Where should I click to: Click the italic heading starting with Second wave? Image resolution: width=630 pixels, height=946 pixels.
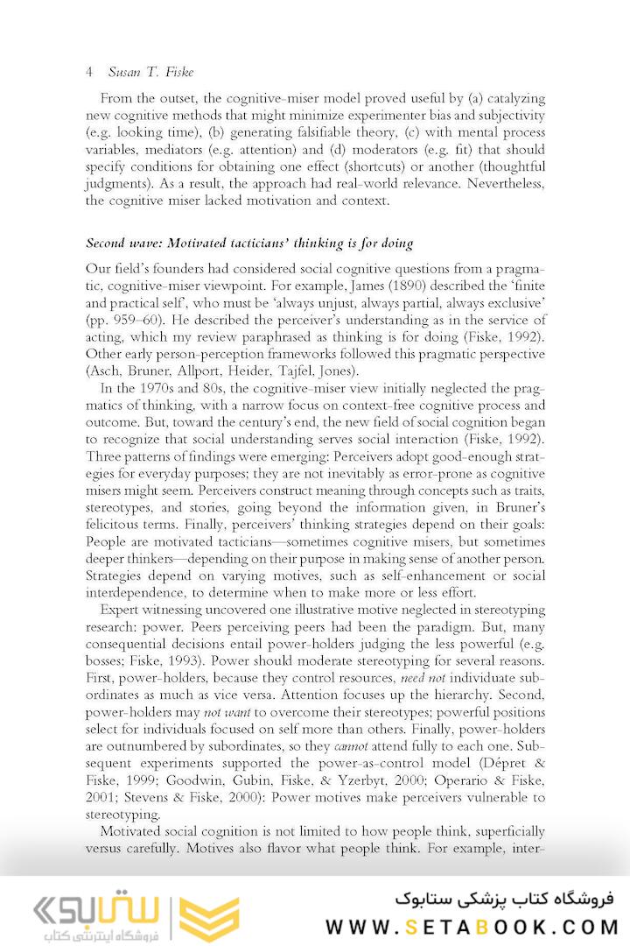(x=249, y=243)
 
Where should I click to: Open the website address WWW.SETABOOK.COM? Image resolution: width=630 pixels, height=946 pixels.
(x=472, y=927)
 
